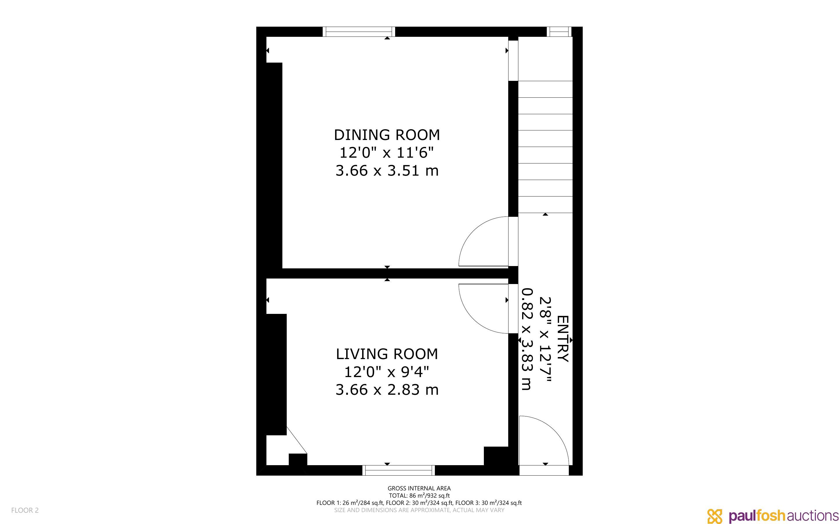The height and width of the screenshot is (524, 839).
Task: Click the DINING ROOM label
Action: (x=387, y=135)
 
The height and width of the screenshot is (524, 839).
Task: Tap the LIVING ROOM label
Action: (x=387, y=354)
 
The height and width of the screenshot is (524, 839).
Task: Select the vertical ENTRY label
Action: (x=563, y=339)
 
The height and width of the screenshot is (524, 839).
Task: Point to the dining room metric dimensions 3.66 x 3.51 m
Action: (x=387, y=170)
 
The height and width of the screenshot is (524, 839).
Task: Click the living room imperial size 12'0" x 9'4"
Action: (x=387, y=372)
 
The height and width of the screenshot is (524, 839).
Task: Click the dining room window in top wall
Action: (x=359, y=32)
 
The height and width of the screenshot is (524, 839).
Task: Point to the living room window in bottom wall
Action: (x=399, y=470)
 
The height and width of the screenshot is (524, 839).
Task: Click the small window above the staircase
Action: (x=559, y=32)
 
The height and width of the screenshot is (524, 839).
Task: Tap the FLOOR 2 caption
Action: (x=25, y=510)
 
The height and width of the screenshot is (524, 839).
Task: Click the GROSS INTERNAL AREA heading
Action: (x=419, y=488)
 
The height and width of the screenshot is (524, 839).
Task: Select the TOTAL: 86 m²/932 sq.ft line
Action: (x=419, y=496)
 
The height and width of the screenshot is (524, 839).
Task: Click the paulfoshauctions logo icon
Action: (x=715, y=516)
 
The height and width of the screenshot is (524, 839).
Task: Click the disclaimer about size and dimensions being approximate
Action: (x=419, y=510)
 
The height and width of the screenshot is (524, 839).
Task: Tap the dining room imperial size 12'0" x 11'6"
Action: (x=387, y=152)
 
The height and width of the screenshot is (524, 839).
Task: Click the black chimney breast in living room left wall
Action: (x=276, y=374)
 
